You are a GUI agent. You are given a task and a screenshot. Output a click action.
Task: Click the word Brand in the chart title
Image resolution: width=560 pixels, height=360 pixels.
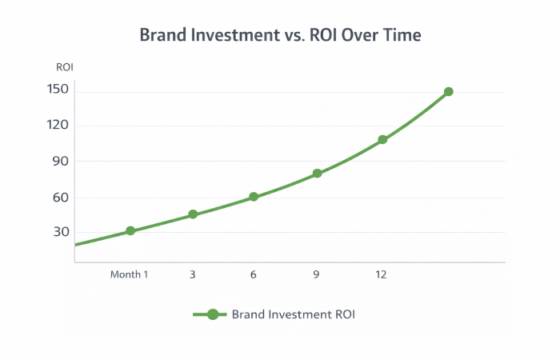pyautogui.click(x=160, y=35)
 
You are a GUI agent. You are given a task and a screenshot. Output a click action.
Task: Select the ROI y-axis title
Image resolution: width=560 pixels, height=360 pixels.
pyautogui.click(x=64, y=67)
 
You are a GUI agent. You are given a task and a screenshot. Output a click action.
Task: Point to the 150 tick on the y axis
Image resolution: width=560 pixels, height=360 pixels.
pyautogui.click(x=58, y=89)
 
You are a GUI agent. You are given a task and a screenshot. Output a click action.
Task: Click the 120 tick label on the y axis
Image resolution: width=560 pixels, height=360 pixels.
pyautogui.click(x=58, y=125)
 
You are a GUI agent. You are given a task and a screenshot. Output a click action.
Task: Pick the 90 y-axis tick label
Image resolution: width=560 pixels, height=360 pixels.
pyautogui.click(x=61, y=161)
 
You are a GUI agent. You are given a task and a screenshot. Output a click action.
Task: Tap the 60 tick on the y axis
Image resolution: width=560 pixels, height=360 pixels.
pyautogui.click(x=61, y=197)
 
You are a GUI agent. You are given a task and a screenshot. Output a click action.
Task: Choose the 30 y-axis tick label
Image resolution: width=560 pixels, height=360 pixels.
pyautogui.click(x=61, y=233)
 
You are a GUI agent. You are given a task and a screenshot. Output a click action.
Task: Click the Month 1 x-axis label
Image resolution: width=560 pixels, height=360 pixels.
pyautogui.click(x=129, y=274)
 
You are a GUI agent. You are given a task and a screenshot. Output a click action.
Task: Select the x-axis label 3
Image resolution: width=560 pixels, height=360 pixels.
pyautogui.click(x=193, y=274)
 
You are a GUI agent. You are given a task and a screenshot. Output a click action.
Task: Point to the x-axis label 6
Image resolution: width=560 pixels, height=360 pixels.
pyautogui.click(x=254, y=274)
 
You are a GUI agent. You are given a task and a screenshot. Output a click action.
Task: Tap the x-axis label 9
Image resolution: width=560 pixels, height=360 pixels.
pyautogui.click(x=317, y=274)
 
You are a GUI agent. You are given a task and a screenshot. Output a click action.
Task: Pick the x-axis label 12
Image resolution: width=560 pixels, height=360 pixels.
pyautogui.click(x=381, y=274)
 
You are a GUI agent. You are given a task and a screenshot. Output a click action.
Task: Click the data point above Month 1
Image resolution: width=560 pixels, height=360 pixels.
pyautogui.click(x=130, y=231)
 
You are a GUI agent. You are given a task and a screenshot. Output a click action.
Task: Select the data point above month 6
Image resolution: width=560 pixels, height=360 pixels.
pyautogui.click(x=254, y=197)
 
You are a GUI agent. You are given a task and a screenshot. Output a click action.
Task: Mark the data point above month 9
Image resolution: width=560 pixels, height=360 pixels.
pyautogui.click(x=318, y=174)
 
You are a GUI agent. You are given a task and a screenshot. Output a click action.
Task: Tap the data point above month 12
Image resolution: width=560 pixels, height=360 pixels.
pyautogui.click(x=382, y=140)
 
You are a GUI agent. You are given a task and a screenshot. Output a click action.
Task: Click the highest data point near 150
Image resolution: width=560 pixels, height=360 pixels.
pyautogui.click(x=449, y=92)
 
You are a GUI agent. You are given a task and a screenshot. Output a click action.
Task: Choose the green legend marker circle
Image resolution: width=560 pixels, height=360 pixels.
pyautogui.click(x=212, y=314)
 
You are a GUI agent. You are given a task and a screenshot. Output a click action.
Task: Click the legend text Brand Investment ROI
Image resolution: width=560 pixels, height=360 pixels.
pyautogui.click(x=293, y=314)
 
